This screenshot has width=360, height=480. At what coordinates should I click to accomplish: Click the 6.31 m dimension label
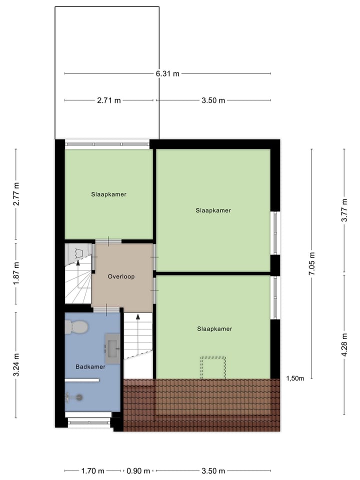tap(167, 73)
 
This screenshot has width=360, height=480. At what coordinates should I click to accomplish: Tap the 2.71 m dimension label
tap(109, 100)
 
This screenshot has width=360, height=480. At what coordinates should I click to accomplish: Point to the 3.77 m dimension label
tap(344, 211)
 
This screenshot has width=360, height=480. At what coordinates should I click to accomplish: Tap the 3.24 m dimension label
tap(16, 365)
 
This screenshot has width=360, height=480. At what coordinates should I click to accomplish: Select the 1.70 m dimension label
tap(93, 470)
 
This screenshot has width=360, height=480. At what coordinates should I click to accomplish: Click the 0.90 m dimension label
tap(138, 470)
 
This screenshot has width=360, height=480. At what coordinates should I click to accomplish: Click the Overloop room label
tap(121, 276)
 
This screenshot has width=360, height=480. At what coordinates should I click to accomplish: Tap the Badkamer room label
tap(90, 366)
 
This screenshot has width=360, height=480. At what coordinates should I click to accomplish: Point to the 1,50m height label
tap(295, 378)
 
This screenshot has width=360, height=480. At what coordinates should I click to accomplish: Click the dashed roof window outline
tap(213, 367)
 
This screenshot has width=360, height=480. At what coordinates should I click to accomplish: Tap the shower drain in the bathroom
tap(78, 397)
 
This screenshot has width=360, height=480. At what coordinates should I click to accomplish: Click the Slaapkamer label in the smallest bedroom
tap(108, 194)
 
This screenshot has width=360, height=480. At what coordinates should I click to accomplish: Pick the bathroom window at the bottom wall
tap(89, 422)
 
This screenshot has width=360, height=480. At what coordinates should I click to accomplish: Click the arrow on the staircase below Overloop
tap(138, 318)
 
